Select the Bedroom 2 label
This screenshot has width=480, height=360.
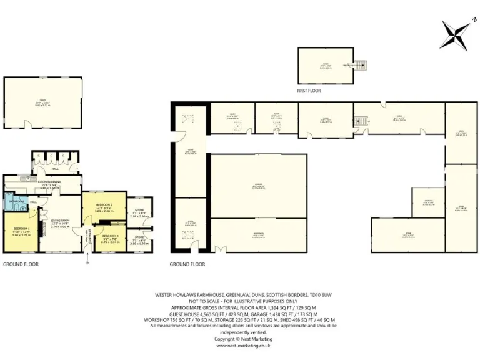click(x=104, y=206)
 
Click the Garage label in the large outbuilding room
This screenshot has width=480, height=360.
click(x=258, y=185)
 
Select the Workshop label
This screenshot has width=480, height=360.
click(x=258, y=234)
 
